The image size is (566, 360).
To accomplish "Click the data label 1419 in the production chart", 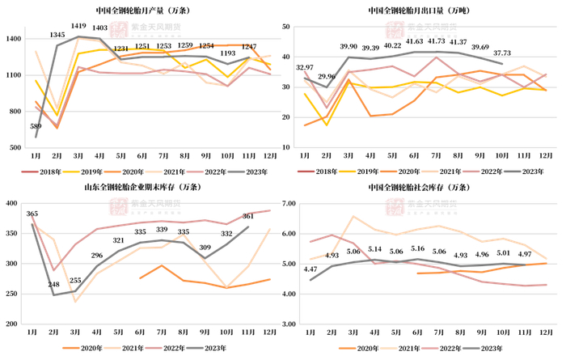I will (79, 26).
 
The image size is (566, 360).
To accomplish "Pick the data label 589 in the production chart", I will (36, 125).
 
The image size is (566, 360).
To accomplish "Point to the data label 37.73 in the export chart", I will (502, 54).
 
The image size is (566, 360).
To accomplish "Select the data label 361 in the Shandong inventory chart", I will (249, 216).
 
